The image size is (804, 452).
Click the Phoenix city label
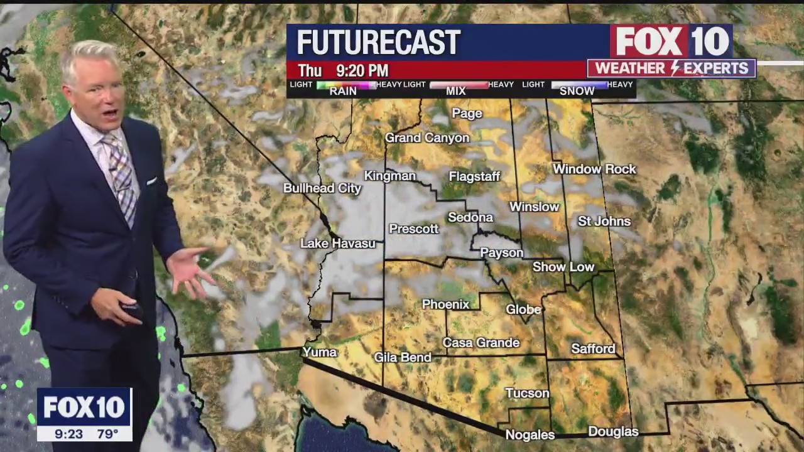445,304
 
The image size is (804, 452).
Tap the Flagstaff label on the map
474,176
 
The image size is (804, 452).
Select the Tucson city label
527,393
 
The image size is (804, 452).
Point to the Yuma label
320,352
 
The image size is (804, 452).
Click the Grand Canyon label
427,137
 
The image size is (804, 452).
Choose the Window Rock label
594,169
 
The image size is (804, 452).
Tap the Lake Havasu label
337,243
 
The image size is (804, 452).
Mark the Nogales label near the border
530,434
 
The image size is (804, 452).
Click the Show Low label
563,267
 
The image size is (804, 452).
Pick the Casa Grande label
481,342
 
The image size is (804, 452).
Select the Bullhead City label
322,188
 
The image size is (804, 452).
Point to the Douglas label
613,431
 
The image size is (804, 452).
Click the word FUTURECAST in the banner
378,43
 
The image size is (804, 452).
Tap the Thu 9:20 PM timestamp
343,70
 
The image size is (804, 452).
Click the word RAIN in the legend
343,91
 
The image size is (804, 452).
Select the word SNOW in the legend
577,91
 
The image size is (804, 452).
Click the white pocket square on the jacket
152,181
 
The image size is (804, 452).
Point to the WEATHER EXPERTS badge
671,68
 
